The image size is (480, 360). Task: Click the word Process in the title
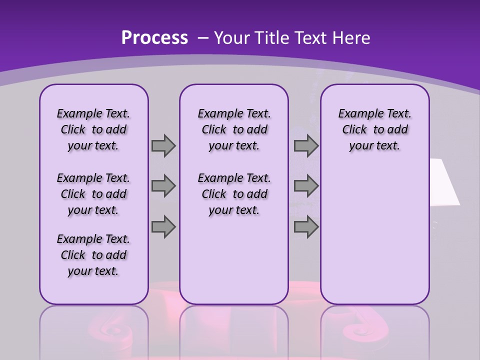(154, 37)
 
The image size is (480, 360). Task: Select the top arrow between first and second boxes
(163, 145)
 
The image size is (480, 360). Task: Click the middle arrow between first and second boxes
(163, 186)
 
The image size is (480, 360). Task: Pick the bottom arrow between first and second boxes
(163, 226)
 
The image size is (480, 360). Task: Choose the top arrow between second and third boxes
(306, 145)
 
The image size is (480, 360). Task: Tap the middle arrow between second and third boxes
(306, 186)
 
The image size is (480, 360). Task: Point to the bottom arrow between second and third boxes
(306, 226)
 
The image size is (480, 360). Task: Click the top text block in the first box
(93, 129)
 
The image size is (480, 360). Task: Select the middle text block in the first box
(93, 194)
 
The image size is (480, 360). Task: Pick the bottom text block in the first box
(93, 255)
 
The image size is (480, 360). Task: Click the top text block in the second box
(234, 129)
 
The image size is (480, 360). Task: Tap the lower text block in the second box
(234, 194)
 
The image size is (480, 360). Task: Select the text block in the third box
(375, 129)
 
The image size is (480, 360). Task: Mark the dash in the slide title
(202, 37)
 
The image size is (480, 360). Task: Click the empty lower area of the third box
(375, 240)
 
